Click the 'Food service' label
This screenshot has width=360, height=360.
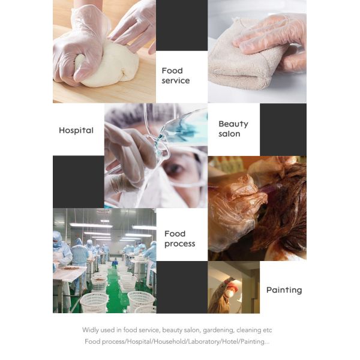point(175,76)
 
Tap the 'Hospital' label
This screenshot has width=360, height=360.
point(76,130)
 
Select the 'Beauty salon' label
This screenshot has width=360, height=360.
point(233,128)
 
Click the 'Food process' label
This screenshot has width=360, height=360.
point(179,238)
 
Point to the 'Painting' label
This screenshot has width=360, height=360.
point(284,290)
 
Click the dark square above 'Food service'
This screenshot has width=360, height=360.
point(181,25)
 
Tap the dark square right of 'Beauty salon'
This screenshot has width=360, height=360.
point(283,129)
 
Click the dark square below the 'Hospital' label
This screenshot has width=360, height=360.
point(78,181)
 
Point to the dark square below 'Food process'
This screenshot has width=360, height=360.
point(181,287)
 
